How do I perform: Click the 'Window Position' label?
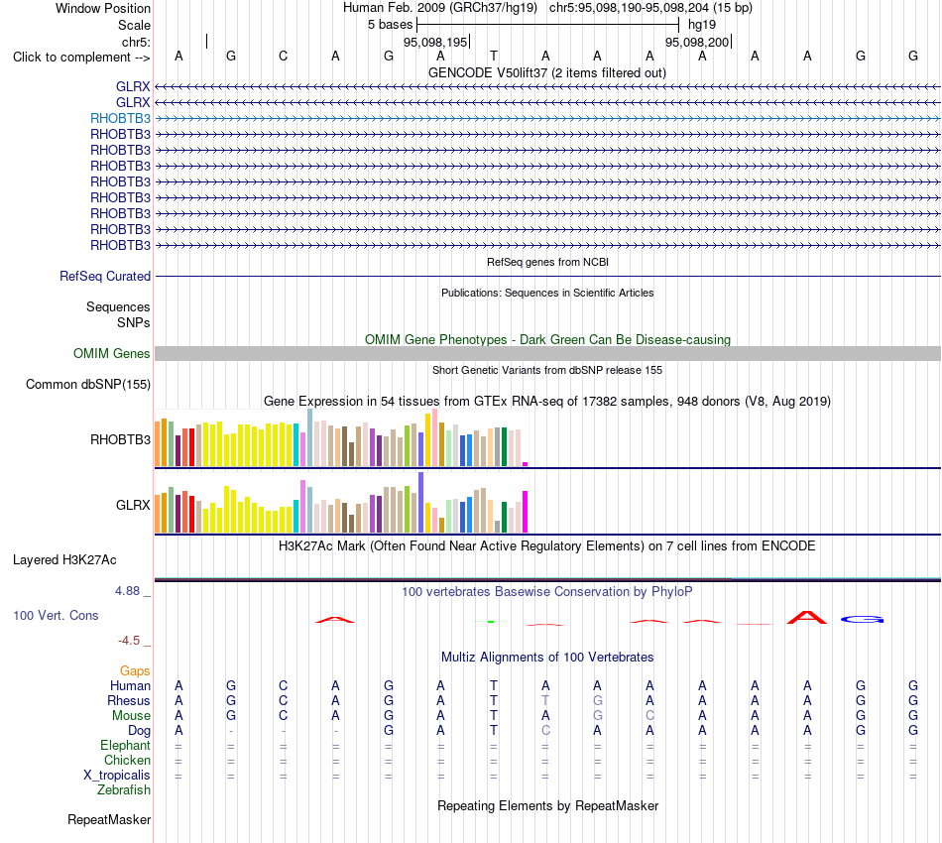[103, 8]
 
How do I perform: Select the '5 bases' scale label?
[391, 25]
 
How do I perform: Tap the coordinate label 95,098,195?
[435, 42]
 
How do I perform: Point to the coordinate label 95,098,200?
[697, 42]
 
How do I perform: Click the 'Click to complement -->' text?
[81, 58]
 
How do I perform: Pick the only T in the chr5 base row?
[493, 56]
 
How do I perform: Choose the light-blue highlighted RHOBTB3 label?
[120, 118]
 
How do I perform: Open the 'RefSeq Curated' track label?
[105, 277]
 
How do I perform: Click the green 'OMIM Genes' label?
[112, 353]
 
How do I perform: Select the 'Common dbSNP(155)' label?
[88, 385]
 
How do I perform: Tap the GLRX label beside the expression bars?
[133, 506]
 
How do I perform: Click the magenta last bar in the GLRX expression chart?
[526, 512]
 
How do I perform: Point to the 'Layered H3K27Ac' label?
[64, 560]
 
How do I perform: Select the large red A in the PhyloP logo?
[807, 618]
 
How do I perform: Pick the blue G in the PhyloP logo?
[862, 620]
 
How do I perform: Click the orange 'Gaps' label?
[135, 671]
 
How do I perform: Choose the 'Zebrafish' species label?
[124, 790]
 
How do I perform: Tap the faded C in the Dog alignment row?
[545, 731]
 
